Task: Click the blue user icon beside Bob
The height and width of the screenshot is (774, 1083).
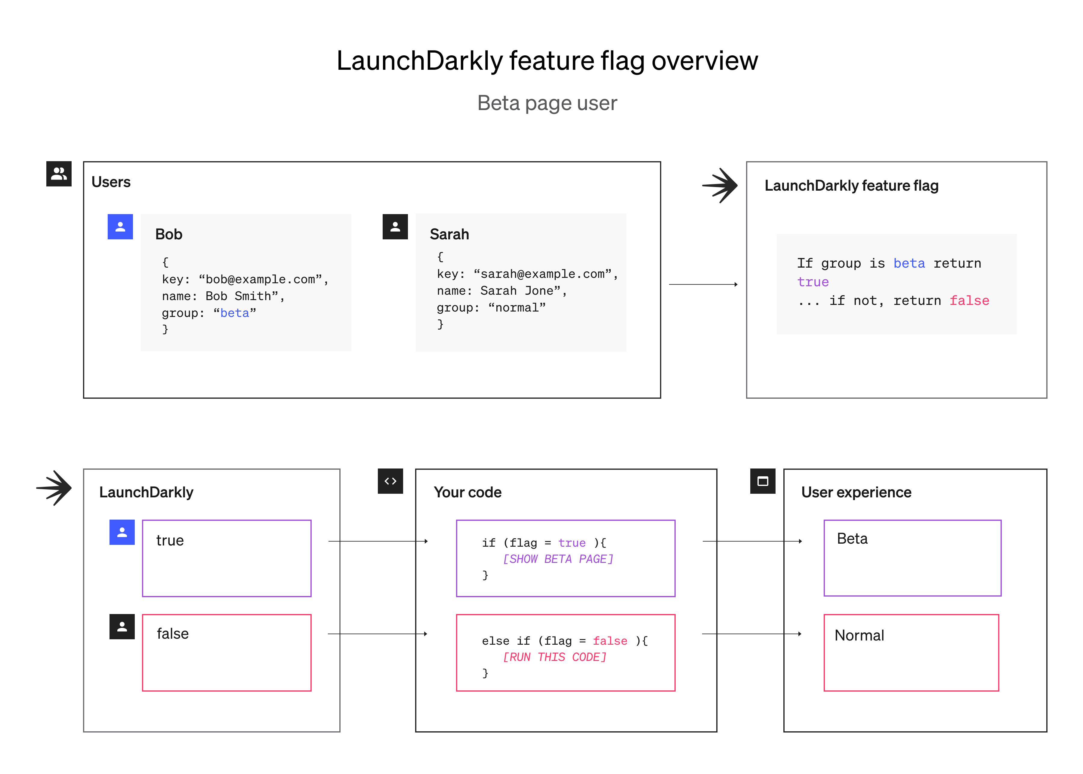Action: coord(120,226)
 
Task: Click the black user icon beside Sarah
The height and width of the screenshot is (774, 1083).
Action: coord(395,226)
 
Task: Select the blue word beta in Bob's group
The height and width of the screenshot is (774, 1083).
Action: coord(235,313)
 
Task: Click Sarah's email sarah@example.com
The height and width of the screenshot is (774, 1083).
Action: coord(542,274)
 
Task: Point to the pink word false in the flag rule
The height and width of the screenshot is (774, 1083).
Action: coord(969,301)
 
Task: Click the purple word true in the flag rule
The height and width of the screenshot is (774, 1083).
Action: coord(813,282)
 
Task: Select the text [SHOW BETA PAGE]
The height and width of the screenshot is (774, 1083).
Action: coord(558,559)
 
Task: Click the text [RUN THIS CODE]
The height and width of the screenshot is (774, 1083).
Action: coord(555,657)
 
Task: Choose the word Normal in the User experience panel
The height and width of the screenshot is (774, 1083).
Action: coord(859,635)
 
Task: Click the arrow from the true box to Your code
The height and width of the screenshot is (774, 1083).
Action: coord(378,542)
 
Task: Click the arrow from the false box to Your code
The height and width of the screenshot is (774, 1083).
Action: coord(378,634)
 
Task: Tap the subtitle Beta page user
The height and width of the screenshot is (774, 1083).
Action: coord(547,103)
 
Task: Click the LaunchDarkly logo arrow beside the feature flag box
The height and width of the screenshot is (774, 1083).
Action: coord(720,186)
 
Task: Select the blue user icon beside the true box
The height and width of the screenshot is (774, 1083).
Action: coord(122,532)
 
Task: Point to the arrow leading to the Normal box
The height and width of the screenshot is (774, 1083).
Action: coord(752,634)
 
